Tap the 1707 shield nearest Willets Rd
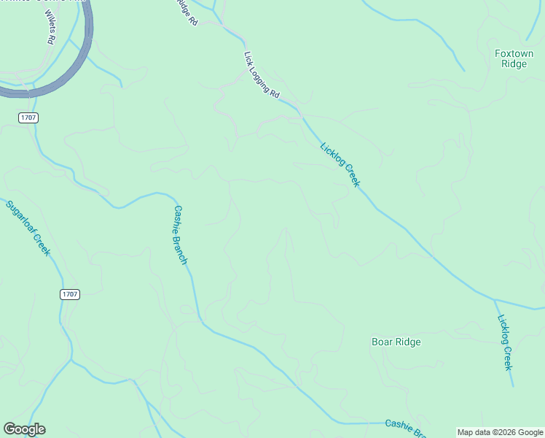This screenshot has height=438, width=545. [29, 118]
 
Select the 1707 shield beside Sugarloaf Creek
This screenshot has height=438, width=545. [70, 294]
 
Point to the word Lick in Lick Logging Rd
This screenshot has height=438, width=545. [248, 55]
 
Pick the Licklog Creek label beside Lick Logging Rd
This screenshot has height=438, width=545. [340, 164]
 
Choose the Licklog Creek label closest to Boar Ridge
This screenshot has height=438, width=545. [506, 342]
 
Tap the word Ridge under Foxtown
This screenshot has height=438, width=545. [514, 64]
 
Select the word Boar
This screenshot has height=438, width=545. [383, 342]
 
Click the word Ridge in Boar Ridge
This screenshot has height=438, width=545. [408, 342]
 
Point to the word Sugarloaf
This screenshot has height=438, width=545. [20, 215]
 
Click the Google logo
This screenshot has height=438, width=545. [24, 429]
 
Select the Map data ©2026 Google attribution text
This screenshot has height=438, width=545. [500, 432]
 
